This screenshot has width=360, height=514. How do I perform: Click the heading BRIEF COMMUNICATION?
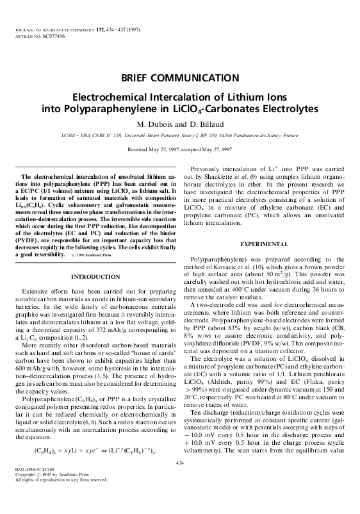point(180,78)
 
